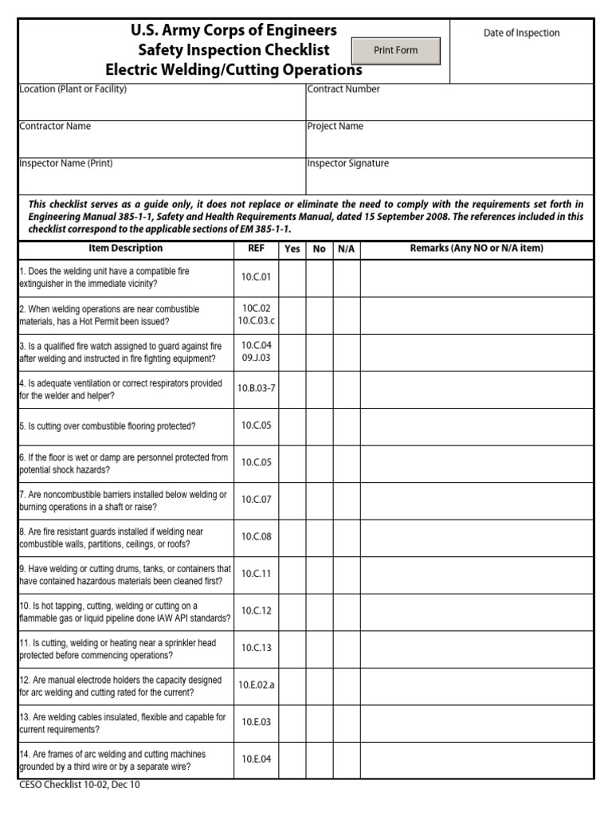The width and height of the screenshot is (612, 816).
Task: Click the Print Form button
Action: pos(395,50)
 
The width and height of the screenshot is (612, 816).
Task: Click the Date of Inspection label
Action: pos(521,33)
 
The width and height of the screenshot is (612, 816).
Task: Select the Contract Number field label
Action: pos(343,89)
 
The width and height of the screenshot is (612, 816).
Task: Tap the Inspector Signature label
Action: pos(348,163)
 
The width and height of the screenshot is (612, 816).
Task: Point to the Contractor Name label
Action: pos(55,126)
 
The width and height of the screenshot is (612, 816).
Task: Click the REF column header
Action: pos(256,249)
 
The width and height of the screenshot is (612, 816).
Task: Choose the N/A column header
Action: pos(346,249)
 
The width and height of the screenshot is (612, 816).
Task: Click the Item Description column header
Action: pos(125,249)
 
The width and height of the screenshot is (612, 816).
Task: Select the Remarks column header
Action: pos(476,249)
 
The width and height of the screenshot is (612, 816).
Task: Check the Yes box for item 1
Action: pos(292,278)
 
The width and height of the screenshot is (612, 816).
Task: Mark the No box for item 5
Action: pos(320,426)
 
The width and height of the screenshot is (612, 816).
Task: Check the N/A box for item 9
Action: pos(346,575)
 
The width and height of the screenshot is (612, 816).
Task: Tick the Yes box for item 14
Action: pos(292,759)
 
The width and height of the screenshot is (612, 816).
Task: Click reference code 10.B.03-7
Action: pos(256,389)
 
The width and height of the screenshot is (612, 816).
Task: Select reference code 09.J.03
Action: pos(256,358)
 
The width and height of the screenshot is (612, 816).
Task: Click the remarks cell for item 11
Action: pos(476,649)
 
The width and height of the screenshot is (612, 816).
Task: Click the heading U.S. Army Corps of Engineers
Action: pos(233,30)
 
